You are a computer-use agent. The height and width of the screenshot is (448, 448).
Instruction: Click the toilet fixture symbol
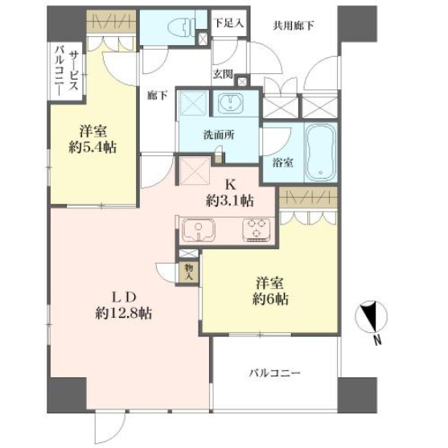click(181, 27)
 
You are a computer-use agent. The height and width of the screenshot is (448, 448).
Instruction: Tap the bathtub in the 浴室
click(321, 152)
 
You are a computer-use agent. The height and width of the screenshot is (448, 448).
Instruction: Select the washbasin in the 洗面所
click(230, 103)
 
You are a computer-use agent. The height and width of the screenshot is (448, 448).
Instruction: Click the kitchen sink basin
click(199, 230)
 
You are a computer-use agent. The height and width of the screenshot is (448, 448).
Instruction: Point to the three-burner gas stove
click(257, 230)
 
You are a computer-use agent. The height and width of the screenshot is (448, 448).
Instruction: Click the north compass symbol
click(371, 317)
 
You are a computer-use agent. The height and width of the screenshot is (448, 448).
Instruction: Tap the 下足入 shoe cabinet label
click(229, 23)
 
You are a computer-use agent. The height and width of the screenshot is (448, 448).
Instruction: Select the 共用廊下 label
click(294, 26)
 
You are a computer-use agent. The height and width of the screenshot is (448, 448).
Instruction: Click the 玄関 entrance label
click(223, 74)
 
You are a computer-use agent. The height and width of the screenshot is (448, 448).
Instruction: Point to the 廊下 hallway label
click(158, 95)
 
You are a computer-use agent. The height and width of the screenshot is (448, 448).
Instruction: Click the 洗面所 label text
click(219, 134)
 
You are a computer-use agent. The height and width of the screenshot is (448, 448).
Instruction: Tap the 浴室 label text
click(282, 162)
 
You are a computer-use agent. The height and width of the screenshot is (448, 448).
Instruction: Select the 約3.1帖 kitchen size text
click(230, 201)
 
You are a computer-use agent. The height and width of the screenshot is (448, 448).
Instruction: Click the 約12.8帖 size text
click(124, 314)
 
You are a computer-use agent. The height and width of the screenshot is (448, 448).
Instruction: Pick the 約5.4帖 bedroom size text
click(92, 148)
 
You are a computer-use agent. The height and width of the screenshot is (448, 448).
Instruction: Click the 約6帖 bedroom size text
click(270, 299)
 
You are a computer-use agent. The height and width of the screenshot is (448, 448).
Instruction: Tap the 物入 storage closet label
click(188, 272)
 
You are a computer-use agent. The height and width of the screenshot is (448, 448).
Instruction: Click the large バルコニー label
click(274, 373)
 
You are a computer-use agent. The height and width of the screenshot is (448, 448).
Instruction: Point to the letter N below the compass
click(378, 340)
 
